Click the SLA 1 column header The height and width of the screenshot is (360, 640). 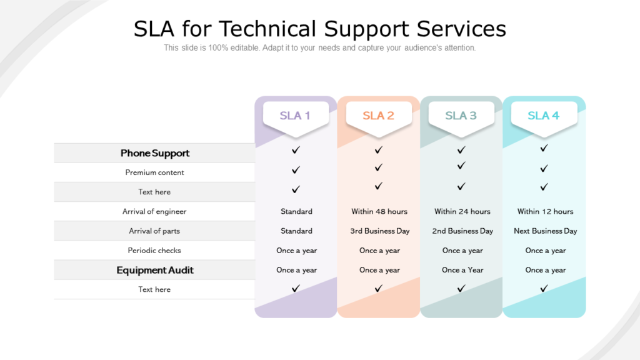[296, 116]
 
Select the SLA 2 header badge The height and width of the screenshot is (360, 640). [378, 116]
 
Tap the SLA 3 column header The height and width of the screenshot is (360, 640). [461, 116]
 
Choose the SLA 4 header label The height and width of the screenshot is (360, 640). [544, 116]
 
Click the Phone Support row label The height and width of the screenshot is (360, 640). [155, 153]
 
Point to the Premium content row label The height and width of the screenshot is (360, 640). [155, 172]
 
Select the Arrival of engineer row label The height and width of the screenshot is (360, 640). [154, 211]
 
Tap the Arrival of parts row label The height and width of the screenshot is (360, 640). [154, 231]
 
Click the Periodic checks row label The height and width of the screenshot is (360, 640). [154, 251]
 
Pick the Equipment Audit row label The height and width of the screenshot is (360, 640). [155, 270]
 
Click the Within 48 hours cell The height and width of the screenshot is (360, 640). [379, 211]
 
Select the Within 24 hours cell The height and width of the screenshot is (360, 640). [462, 211]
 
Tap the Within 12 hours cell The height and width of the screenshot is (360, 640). [545, 211]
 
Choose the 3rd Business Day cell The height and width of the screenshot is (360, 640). [380, 231]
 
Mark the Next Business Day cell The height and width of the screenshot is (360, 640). [546, 231]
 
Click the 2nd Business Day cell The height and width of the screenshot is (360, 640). [462, 231]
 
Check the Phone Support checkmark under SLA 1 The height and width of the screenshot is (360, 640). [296, 150]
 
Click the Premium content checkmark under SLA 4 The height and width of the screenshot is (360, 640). [544, 168]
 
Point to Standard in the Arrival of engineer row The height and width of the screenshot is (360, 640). [296, 211]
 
